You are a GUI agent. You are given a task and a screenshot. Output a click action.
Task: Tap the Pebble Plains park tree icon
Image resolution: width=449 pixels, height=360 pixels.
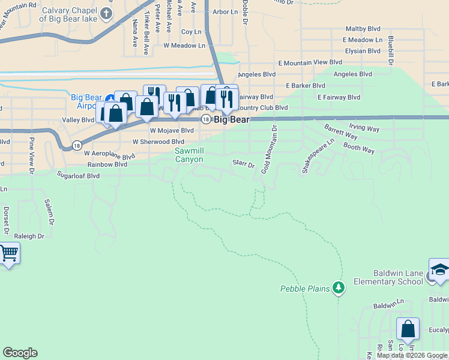tap(339, 289)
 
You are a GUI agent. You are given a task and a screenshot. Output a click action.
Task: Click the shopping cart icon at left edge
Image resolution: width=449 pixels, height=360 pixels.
tap(8, 254)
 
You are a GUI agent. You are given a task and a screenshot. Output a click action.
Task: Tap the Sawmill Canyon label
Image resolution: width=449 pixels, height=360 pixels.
tap(189, 155)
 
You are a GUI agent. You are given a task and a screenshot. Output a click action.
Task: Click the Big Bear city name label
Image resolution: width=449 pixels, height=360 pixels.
tap(232, 119)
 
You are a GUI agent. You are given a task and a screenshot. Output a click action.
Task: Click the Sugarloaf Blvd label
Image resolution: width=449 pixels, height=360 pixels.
tap(78, 176)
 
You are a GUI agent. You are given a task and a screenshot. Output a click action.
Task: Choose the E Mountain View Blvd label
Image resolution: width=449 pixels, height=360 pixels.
tap(310, 62)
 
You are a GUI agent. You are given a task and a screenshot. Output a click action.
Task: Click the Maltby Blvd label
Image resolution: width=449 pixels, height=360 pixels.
tap(364, 29)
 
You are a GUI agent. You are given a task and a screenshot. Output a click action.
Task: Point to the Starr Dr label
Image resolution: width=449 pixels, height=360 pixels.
tap(244, 164)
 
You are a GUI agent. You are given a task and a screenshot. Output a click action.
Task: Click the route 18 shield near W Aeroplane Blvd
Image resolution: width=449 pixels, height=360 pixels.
tap(77, 145)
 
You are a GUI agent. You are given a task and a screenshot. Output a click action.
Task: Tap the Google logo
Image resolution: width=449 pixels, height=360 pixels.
tap(20, 353)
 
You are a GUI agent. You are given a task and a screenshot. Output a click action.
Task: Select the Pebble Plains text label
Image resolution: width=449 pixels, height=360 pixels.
tap(305, 289)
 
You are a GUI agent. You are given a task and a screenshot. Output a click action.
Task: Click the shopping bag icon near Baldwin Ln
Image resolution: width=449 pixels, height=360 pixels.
tap(408, 329)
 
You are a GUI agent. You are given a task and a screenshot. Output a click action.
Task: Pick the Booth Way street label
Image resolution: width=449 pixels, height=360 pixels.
tap(359, 148)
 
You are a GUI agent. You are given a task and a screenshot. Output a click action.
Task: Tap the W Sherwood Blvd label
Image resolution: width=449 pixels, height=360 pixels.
tap(158, 142)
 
